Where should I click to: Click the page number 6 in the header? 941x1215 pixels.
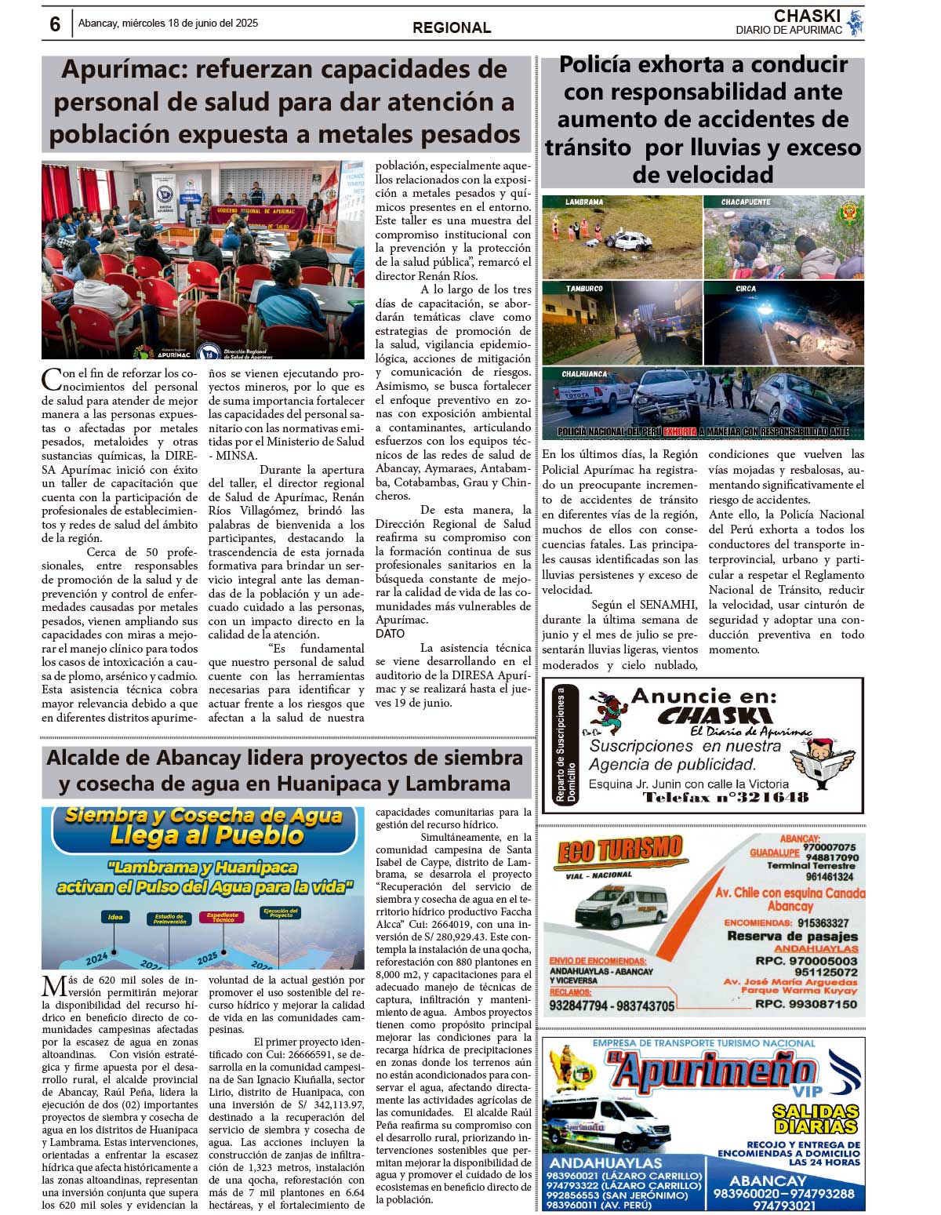pos(54,24)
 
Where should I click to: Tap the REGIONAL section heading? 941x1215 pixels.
pos(452,27)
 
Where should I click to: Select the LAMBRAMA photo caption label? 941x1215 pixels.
pos(584,202)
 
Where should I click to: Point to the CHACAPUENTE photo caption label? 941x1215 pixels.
pos(746,202)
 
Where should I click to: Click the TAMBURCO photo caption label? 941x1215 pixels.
pos(584,289)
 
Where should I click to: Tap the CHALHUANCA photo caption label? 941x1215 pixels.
pos(584,374)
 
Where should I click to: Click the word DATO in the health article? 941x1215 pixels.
pos(390,634)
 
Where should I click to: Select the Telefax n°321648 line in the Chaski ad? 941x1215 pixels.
pos(725,798)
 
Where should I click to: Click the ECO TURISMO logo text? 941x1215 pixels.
pos(619,851)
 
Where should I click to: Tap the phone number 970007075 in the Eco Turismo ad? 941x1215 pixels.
pos(830,847)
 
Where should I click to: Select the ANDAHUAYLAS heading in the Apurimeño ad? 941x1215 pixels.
pos(606,1163)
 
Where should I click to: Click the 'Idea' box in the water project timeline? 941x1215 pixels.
pos(115,917)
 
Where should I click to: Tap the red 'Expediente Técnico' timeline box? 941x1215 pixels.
pos(223,918)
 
